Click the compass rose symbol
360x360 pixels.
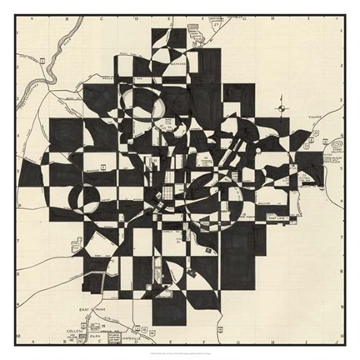pyautogui.click(x=282, y=106)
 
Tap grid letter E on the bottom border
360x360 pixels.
pyautogui.click(x=163, y=345)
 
